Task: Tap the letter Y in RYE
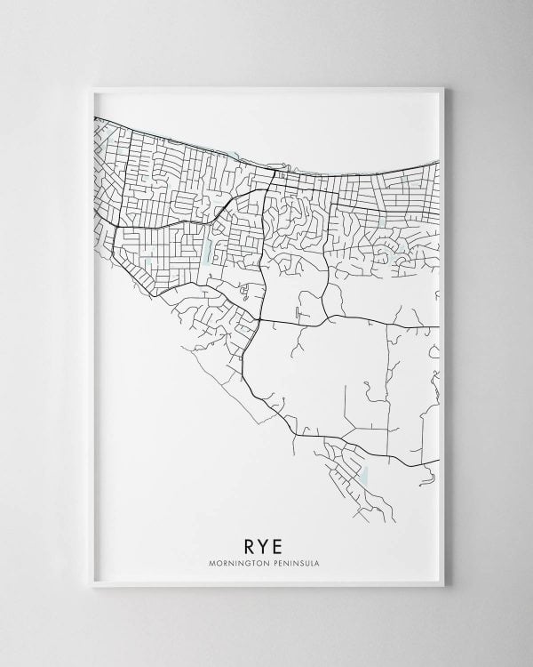pos(266,544)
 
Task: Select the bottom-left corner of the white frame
pos(91,585)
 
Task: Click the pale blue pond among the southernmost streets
pos(362,474)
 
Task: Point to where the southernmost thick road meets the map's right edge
pos(439,460)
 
